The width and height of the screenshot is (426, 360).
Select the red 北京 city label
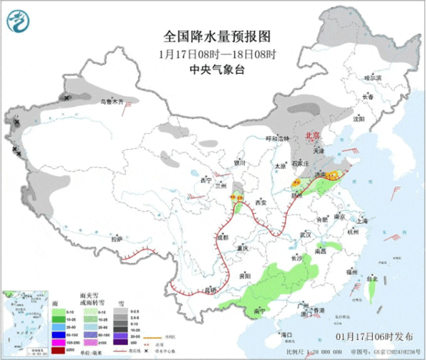[312, 135]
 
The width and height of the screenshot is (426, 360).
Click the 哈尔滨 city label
[373, 78]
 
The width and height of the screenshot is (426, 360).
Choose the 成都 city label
[222, 236]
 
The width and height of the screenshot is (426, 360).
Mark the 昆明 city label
[211, 289]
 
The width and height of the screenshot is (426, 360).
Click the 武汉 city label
[306, 235]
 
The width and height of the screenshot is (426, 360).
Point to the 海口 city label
[287, 334]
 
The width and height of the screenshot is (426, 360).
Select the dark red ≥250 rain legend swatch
[60, 350]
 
